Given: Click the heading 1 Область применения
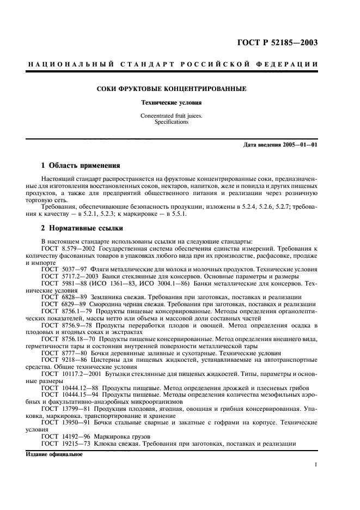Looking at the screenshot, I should point(81,165).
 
